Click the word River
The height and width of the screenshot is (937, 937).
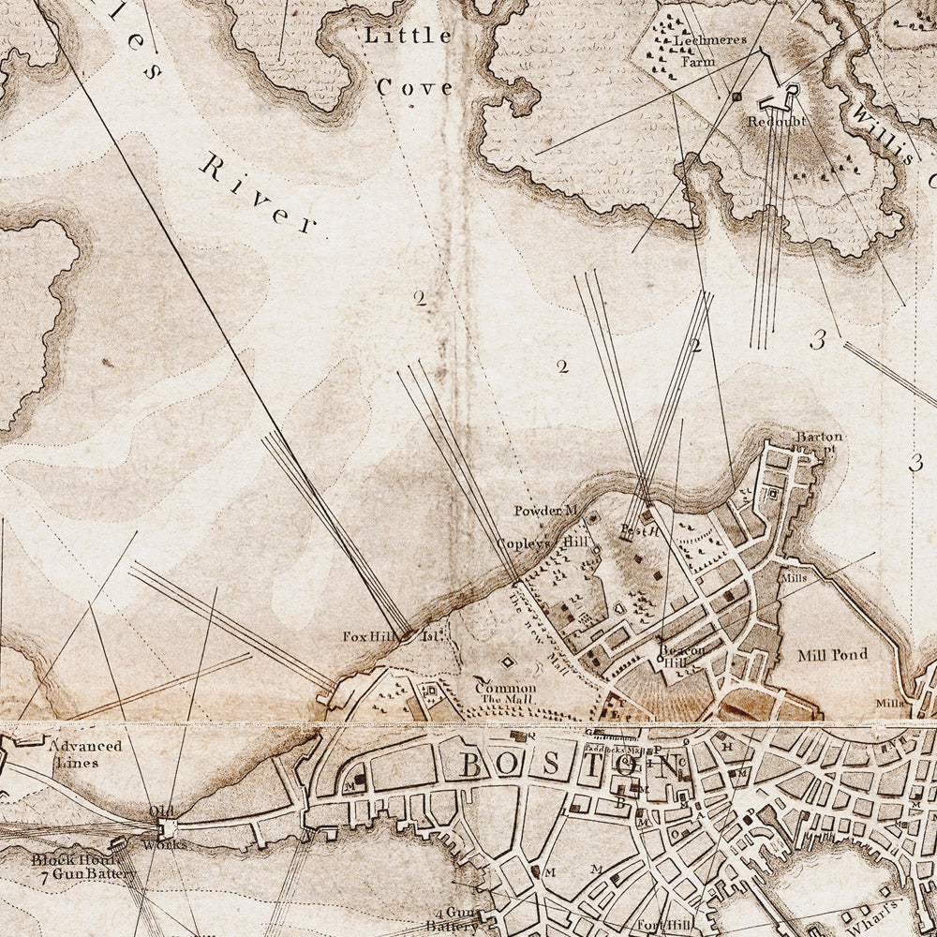coord(257,193)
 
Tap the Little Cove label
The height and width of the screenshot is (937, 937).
coord(409,62)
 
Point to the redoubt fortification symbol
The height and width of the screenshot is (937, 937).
coord(778,96)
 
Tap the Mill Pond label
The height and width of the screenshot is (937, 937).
coord(833,654)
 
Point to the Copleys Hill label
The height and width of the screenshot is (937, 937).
coord(543,543)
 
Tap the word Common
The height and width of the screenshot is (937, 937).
coord(506,687)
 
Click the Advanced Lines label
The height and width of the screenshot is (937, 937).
coord(85,753)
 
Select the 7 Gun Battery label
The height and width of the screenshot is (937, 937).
coord(84,873)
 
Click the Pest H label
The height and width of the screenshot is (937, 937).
coord(642,530)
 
